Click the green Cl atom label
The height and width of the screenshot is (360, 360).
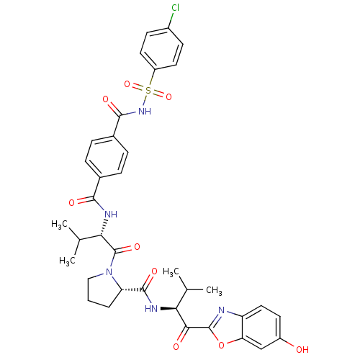[176, 8]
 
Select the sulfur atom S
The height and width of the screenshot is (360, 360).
[148, 91]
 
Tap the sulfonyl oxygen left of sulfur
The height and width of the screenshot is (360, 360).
[127, 84]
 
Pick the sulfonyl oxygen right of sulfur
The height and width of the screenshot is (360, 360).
[168, 96]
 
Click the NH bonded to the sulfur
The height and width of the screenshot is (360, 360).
[145, 111]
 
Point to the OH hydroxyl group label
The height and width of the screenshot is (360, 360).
[302, 349]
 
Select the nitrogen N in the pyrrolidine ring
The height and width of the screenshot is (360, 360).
[109, 272]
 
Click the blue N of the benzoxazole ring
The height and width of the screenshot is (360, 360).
[221, 310]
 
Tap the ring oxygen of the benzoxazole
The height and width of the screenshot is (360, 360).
[221, 345]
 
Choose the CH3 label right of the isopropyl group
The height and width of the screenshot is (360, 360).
[214, 290]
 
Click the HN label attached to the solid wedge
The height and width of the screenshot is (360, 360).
[151, 308]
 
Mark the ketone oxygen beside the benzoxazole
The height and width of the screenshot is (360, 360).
[176, 346]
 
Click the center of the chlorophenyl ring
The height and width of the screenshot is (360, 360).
[161, 49]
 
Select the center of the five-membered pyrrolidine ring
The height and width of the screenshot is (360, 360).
[104, 289]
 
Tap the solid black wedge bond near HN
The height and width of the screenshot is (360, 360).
[168, 308]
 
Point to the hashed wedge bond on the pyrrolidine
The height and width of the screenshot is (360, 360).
[132, 290]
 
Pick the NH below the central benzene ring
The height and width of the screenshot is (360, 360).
[111, 214]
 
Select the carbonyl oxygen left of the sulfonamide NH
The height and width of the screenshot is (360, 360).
[105, 99]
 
